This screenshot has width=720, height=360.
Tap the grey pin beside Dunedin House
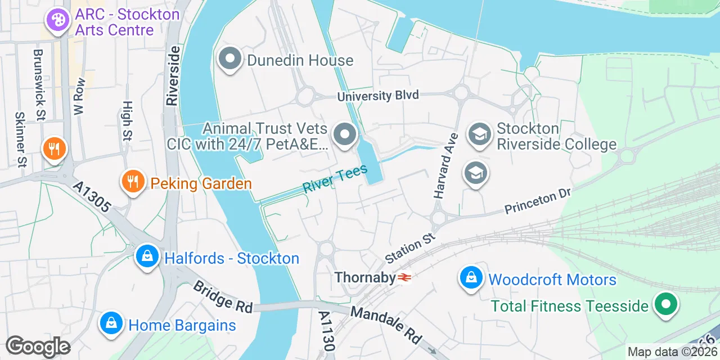click(x=230, y=60)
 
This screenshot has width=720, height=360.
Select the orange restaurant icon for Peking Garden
click(x=133, y=182)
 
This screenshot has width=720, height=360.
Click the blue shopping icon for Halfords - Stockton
click(x=147, y=257)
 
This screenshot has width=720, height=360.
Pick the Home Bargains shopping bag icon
click(x=111, y=323)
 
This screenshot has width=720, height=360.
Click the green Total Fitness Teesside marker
click(x=666, y=305)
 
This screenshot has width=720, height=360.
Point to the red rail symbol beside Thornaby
click(x=404, y=277)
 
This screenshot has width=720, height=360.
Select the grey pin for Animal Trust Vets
click(x=345, y=136)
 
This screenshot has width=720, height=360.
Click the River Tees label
click(x=335, y=178)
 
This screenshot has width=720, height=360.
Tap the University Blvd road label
click(x=378, y=96)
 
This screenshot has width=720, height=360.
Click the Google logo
click(x=38, y=346)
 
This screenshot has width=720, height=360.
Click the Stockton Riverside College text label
click(x=556, y=137)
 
